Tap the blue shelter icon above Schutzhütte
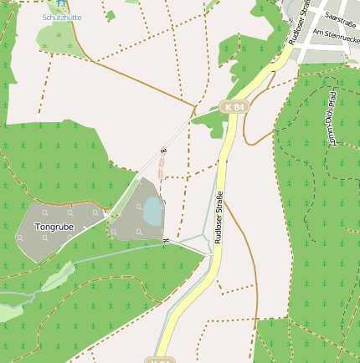pyautogui.click(x=60, y=4)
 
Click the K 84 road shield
pyautogui.click(x=235, y=107)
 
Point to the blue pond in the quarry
pyautogui.click(x=152, y=211)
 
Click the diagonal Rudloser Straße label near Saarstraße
pyautogui.click(x=298, y=23)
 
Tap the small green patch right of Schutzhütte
pyautogui.click(x=111, y=15)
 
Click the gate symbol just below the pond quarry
pyautogui.click(x=167, y=242)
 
